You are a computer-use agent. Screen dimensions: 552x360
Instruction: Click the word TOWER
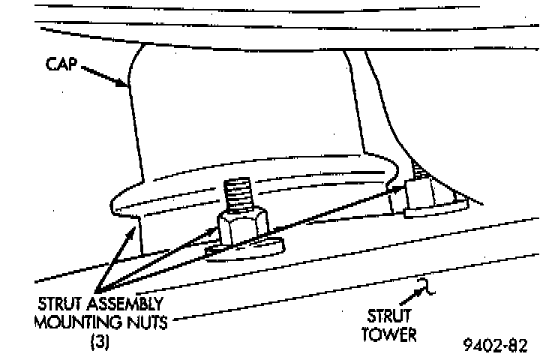388,334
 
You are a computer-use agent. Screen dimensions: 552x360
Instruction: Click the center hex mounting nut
240,228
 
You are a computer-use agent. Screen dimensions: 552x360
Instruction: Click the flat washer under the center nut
247,248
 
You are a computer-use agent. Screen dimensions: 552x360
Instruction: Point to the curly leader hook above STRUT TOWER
424,286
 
